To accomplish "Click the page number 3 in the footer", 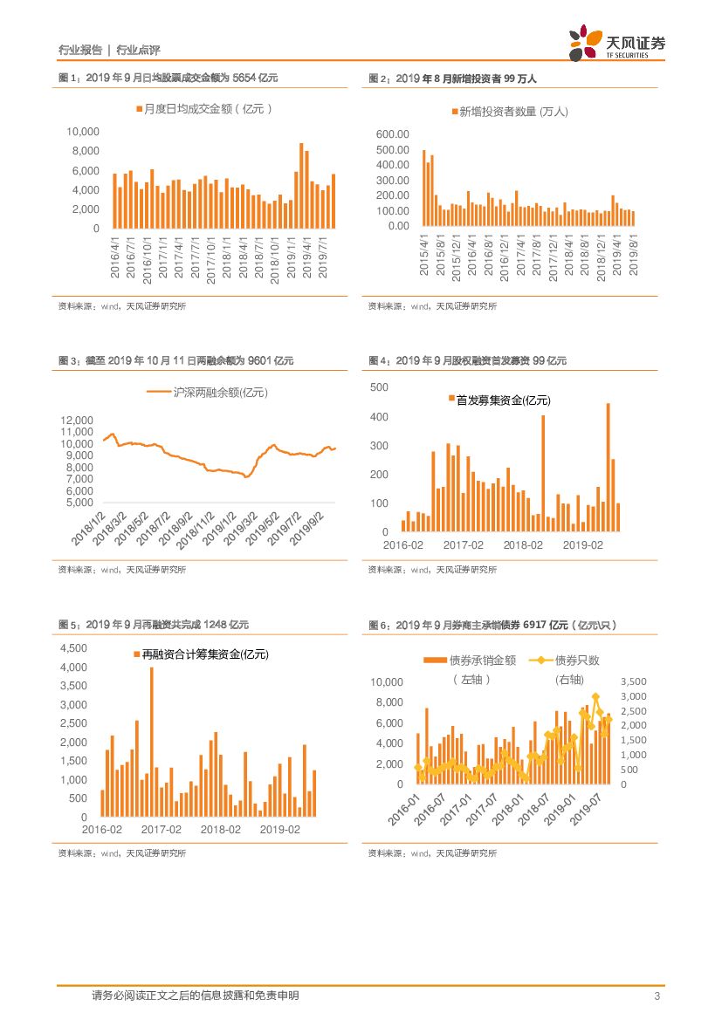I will coord(657,996).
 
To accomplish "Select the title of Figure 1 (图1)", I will coord(168,79).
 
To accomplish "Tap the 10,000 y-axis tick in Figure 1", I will coord(83,131).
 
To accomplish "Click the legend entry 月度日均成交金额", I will coord(204,109).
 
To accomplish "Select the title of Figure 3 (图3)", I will coord(175,360).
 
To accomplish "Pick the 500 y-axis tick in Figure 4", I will coord(379,387).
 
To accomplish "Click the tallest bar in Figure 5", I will coord(152,742).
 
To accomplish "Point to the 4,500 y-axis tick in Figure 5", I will coord(74,648).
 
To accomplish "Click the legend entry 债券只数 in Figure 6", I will coord(572,661).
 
